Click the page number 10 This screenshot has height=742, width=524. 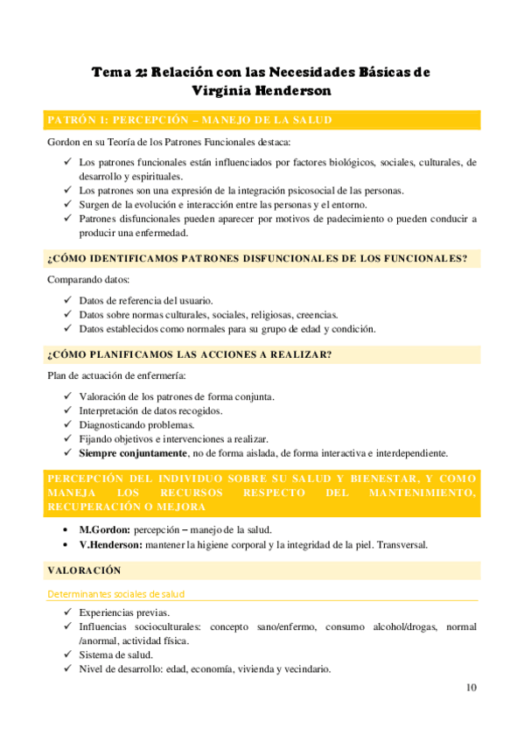(x=472, y=687)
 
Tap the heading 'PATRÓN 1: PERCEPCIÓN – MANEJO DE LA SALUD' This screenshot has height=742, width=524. (x=189, y=120)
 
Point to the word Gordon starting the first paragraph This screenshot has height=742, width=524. (x=63, y=142)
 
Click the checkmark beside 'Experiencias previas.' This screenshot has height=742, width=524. (x=68, y=612)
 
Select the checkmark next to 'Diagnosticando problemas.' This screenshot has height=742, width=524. (x=68, y=425)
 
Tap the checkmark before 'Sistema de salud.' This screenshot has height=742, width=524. (x=68, y=654)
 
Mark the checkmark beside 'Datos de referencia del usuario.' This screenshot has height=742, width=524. (x=68, y=300)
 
